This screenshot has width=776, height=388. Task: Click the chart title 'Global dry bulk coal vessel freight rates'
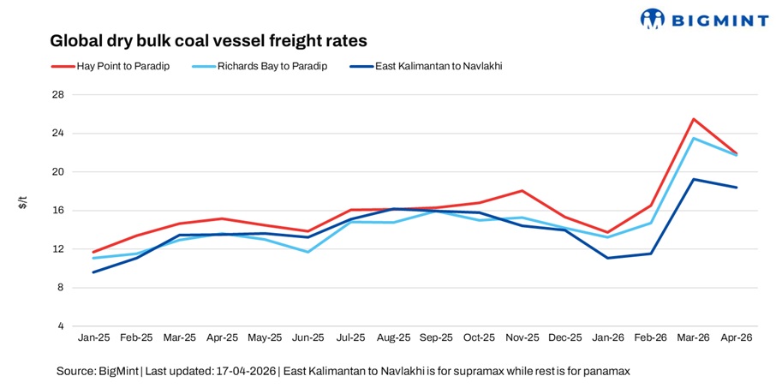tap(208, 40)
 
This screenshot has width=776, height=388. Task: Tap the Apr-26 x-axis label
tap(736, 338)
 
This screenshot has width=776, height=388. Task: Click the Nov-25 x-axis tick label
tap(521, 338)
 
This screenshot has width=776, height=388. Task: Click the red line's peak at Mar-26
tap(693, 119)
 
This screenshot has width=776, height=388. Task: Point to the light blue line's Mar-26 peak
tap(693, 138)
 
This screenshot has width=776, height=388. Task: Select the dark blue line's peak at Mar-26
tap(693, 179)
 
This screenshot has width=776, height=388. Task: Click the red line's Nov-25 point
tap(521, 191)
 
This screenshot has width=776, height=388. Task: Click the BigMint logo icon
tap(654, 18)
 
